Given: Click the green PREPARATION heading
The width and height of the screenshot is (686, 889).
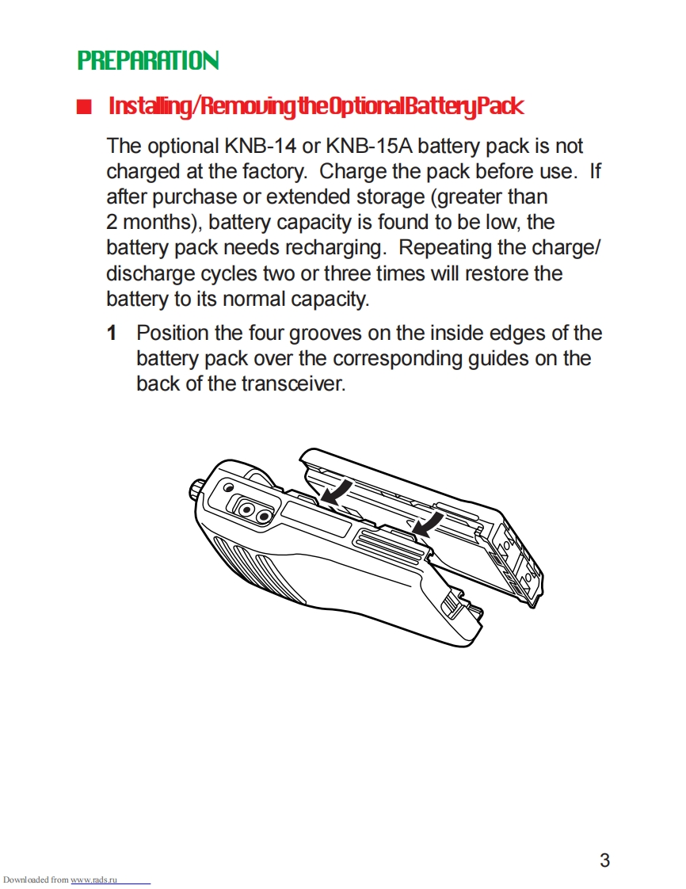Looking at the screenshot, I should [148, 60].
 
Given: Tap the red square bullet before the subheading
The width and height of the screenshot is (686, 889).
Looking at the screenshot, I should [85, 107].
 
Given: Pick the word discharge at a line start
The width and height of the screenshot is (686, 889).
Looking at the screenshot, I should [150, 273].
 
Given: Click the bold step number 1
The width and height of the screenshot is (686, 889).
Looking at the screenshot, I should [112, 333].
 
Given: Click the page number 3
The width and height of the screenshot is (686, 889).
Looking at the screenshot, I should [604, 860].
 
